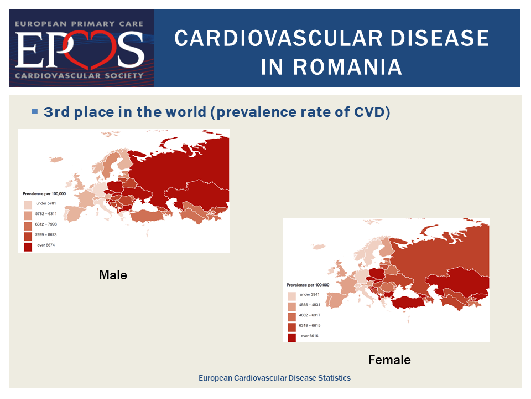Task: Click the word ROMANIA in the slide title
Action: (x=331, y=67)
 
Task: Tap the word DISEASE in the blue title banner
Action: (x=440, y=38)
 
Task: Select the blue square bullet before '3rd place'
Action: (x=34, y=111)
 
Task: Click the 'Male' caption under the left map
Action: (x=113, y=275)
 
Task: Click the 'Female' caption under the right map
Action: (x=389, y=360)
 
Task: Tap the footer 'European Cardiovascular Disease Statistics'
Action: (x=274, y=378)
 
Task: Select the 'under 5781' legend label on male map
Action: (x=46, y=203)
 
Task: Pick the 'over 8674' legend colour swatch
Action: (x=28, y=247)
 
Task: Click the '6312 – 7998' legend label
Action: (x=46, y=224)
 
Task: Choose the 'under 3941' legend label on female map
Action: (x=310, y=294)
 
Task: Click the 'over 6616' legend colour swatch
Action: (x=292, y=337)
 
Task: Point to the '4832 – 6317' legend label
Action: (x=310, y=315)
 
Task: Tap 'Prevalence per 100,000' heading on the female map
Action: (x=308, y=285)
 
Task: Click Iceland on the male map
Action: (x=55, y=159)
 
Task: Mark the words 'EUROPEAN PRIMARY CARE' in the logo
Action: (x=79, y=24)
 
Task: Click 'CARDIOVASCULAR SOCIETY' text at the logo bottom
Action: (x=79, y=76)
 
